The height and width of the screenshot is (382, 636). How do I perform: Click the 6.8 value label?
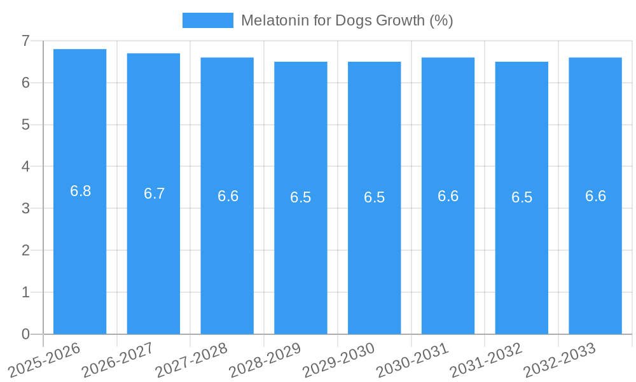(x=80, y=191)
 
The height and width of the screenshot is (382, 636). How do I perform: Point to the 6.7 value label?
(x=154, y=194)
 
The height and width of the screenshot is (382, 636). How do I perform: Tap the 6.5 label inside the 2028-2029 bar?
(x=301, y=197)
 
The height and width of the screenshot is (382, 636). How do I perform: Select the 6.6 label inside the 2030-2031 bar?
(x=448, y=196)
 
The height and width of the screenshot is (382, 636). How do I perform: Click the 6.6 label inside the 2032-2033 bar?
(x=595, y=196)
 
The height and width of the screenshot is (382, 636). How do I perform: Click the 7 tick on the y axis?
(x=25, y=41)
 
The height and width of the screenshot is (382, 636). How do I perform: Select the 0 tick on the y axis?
(x=25, y=334)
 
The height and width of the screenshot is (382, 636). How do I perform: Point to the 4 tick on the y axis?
(x=25, y=167)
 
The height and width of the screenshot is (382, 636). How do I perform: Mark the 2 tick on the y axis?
(x=25, y=250)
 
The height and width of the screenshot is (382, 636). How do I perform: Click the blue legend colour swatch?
(x=207, y=20)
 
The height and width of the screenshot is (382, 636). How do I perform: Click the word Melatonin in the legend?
(x=272, y=20)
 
